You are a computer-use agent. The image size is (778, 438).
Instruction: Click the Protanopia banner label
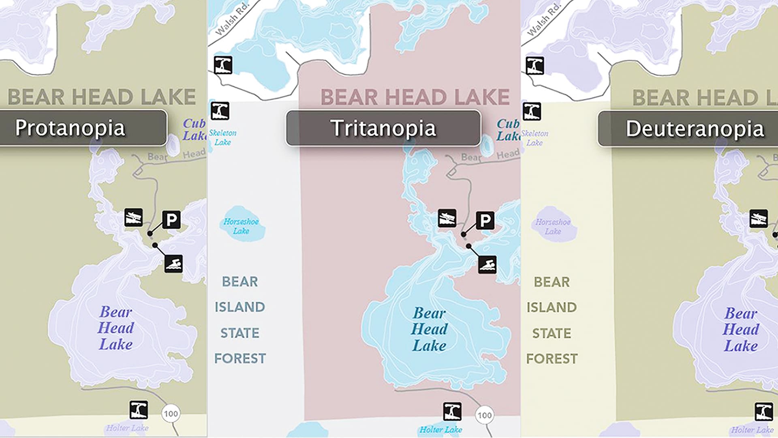[x=70, y=128]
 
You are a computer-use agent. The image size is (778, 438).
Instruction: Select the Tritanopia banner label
[x=383, y=128]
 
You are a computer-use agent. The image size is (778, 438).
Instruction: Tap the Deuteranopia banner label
[x=695, y=129]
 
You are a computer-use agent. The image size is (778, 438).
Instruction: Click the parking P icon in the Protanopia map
[x=171, y=220]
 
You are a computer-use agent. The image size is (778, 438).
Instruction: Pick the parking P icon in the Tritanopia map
[x=485, y=221]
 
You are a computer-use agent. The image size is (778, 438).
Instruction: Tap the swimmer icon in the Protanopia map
[x=173, y=264]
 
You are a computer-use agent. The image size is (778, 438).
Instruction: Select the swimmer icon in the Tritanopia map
[x=487, y=265]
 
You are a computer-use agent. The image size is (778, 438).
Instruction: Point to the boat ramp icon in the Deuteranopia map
[x=758, y=219]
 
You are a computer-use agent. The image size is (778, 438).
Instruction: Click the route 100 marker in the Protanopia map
[x=171, y=414]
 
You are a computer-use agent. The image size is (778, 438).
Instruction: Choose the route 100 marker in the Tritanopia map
[x=485, y=415]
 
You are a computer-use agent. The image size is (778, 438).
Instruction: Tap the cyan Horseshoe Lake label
[x=241, y=226]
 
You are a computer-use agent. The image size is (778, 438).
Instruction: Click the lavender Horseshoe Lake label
[x=553, y=227]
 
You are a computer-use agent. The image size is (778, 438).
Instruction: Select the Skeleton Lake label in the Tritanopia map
[x=222, y=137]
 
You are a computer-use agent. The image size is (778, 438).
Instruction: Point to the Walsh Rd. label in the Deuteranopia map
[x=544, y=19]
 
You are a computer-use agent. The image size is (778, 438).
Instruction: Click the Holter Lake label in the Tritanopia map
[x=440, y=430]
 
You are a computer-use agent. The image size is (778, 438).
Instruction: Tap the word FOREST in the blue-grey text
[x=240, y=359]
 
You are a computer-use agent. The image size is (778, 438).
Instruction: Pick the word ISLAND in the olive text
[x=551, y=307]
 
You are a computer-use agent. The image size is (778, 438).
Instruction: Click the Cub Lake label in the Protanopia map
[x=194, y=129]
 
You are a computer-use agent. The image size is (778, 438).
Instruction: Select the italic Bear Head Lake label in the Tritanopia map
[x=429, y=329]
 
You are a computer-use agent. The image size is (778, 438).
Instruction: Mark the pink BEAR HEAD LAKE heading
[x=415, y=97]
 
